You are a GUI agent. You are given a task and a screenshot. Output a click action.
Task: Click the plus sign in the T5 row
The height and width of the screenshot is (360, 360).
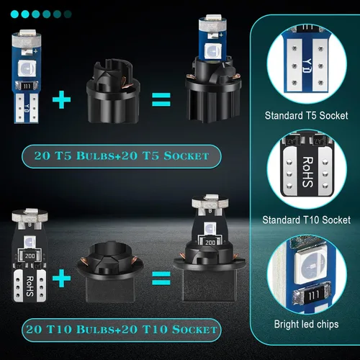click(61, 99)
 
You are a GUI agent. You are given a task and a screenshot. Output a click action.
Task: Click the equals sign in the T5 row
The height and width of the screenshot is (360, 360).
click(161, 99)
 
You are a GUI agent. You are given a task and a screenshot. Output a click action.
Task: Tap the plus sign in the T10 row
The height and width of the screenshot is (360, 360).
click(61, 278)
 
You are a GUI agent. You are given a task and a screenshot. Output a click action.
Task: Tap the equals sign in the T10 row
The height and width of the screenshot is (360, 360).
click(161, 278)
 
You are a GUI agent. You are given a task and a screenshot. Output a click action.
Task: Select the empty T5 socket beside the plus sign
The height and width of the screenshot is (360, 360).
click(113, 92)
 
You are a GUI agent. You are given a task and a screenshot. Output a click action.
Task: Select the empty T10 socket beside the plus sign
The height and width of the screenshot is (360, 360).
click(110, 272)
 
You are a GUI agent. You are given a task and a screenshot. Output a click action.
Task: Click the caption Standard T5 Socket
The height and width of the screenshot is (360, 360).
click(306, 115)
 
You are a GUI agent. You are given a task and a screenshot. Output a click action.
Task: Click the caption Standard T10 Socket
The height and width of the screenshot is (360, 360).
click(306, 220)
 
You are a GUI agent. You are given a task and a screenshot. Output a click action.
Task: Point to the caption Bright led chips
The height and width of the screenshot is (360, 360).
click(306, 324)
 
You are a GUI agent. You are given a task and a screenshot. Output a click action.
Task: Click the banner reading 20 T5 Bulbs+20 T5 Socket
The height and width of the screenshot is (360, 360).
click(122, 156)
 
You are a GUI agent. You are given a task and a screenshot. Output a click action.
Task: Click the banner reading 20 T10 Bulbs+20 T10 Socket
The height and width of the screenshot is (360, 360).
click(122, 330)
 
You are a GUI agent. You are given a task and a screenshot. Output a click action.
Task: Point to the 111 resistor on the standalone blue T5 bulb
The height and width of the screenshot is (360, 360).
click(27, 86)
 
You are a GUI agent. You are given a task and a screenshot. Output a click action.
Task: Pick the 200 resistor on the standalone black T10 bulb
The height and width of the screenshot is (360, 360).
click(30, 256)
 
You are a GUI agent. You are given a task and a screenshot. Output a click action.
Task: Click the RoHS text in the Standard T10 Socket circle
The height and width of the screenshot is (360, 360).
click(307, 172)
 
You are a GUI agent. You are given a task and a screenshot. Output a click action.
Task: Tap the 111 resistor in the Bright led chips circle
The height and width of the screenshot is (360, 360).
click(312, 295)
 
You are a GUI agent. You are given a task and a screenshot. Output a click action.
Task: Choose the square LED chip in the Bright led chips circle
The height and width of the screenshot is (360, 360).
click(311, 266)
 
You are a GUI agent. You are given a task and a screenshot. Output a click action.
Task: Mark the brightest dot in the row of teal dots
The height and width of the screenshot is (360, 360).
click(14, 14)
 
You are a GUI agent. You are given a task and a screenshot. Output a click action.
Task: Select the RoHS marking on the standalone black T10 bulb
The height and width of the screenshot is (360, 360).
click(30, 286)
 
